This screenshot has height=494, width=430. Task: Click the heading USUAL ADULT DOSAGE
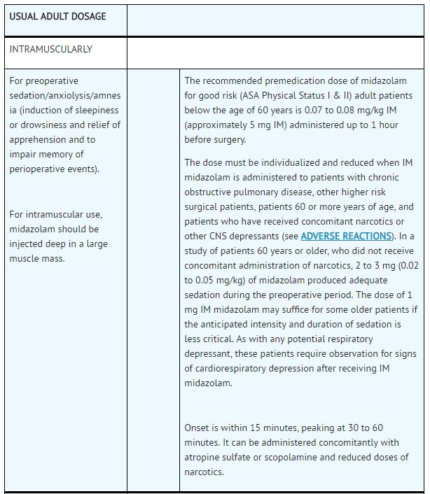coord(57,16)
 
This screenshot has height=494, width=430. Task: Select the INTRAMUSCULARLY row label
coord(50,50)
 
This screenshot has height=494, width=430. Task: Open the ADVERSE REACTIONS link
coord(347,236)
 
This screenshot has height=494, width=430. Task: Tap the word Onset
coord(198,428)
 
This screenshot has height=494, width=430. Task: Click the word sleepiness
coord(95,110)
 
